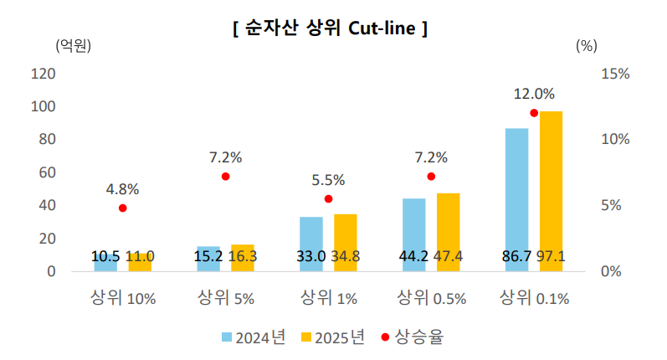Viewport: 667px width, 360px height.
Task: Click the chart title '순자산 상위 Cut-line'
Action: pos(330,28)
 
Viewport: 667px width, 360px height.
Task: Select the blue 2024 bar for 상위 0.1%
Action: pos(517,199)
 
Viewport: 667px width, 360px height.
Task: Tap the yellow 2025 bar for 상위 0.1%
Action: pos(552,191)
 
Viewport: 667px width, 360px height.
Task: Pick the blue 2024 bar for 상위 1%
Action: pos(311,244)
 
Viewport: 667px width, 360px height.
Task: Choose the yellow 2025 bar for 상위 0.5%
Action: pos(449,233)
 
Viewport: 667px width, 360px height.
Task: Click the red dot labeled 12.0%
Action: pos(534,113)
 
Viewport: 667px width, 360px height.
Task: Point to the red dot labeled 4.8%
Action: pos(122,208)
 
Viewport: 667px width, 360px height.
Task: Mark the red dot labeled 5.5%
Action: pos(328,198)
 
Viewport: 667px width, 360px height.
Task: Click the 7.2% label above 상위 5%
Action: pos(225,157)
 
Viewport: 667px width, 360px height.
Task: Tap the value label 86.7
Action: pos(517,256)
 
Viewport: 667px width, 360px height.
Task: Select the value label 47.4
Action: pos(448,256)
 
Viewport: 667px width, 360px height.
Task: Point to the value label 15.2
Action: pos(208,256)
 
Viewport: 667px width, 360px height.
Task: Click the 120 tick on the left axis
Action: pos(43,74)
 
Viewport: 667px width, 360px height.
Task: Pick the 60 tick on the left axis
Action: pos(47,172)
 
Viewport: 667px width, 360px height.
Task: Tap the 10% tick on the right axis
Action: pos(615,139)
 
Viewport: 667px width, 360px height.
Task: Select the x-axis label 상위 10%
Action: pos(123,298)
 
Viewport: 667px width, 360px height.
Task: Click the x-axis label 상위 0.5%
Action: pos(431,298)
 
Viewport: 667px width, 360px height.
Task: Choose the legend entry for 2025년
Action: pos(333,337)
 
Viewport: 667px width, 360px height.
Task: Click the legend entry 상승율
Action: pos(413,337)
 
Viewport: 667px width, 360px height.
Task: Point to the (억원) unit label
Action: pos(73,45)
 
